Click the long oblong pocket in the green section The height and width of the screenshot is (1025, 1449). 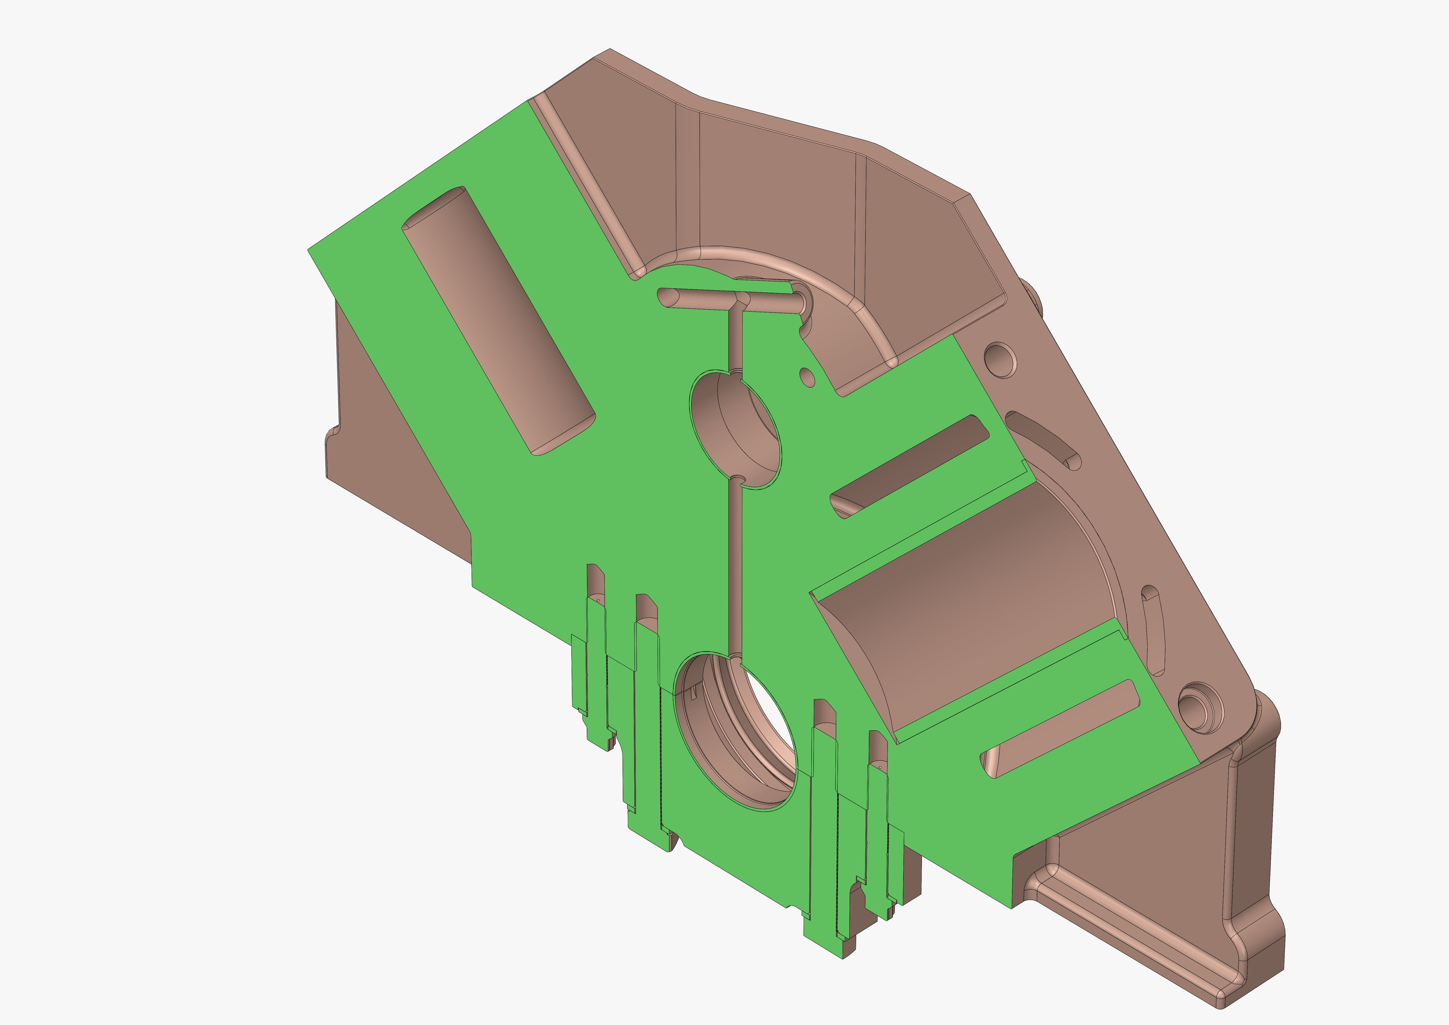pyautogui.click(x=499, y=322)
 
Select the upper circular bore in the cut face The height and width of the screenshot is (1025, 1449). pyautogui.click(x=735, y=429)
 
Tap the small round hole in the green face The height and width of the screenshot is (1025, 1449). pyautogui.click(x=807, y=377)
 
